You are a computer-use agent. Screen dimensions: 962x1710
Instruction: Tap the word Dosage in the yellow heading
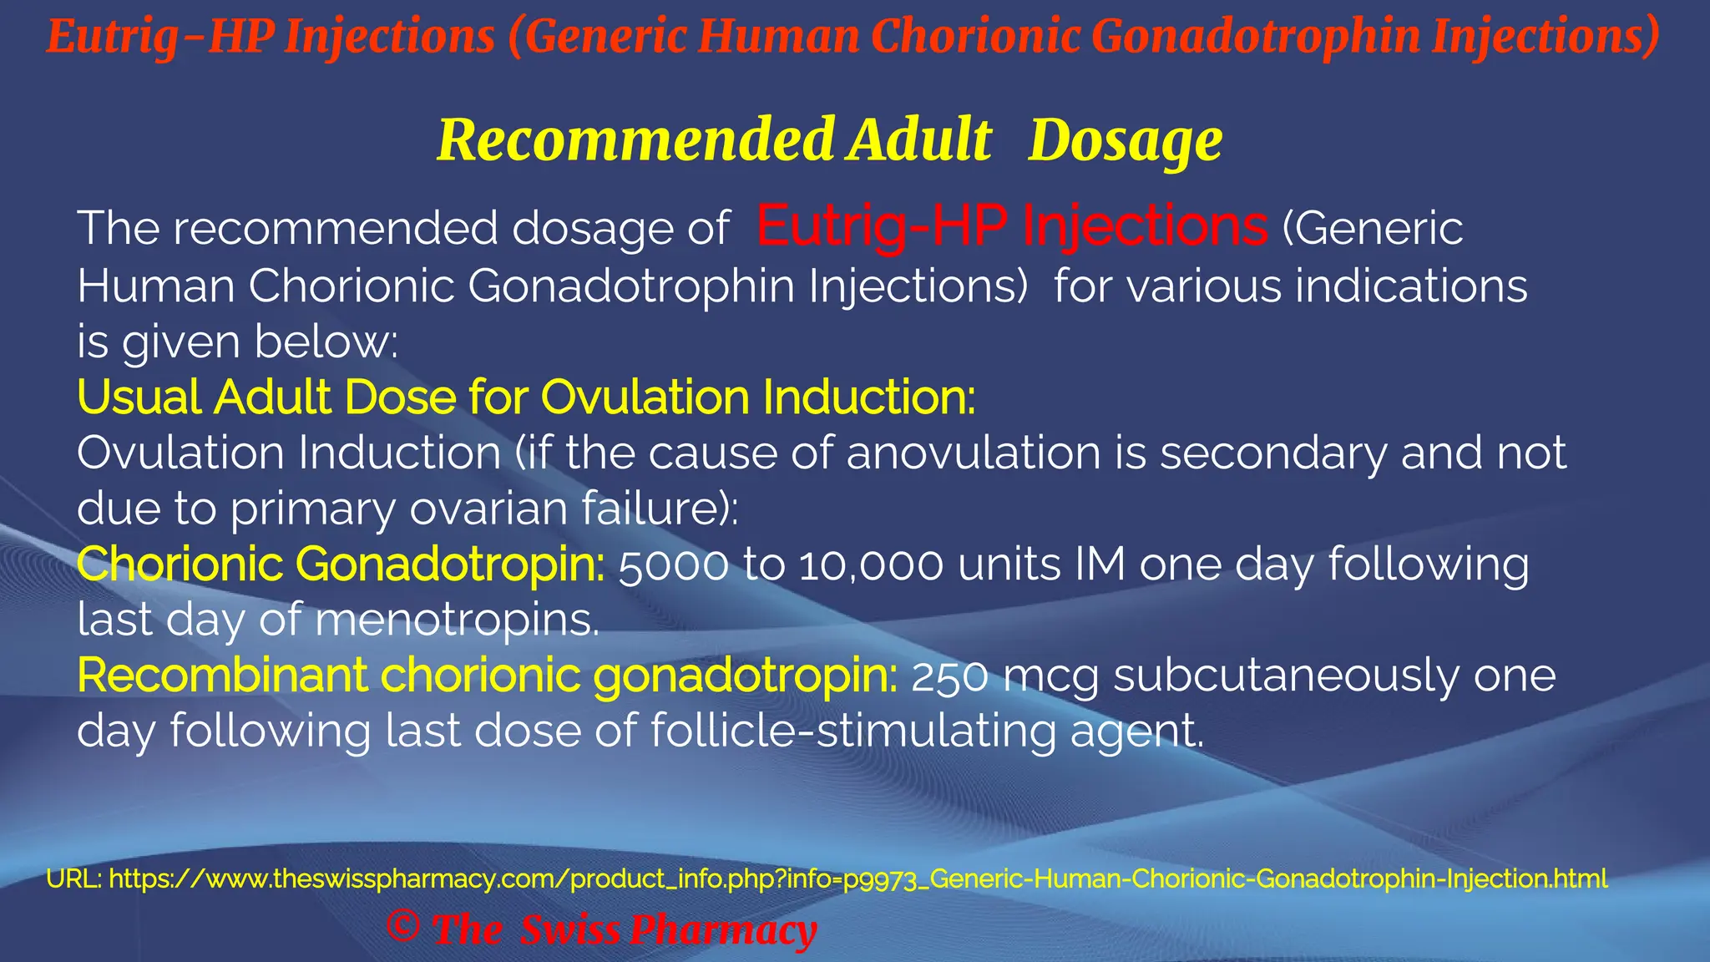(x=1125, y=139)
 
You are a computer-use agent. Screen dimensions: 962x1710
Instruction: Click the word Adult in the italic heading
(x=918, y=139)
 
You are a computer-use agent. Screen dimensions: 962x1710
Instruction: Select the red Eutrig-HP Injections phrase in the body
(x=1012, y=226)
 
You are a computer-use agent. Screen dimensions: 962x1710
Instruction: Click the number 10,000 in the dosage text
(x=871, y=565)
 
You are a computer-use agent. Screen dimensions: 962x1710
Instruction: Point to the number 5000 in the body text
(x=673, y=565)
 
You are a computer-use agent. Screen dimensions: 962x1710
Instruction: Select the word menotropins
(x=457, y=620)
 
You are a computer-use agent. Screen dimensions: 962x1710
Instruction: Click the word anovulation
(x=974, y=453)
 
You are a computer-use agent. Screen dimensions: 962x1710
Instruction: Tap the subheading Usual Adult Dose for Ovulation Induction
(x=526, y=397)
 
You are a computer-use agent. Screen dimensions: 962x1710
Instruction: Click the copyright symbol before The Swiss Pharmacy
(x=403, y=927)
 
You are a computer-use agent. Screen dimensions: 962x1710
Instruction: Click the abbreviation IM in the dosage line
(x=1100, y=565)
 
